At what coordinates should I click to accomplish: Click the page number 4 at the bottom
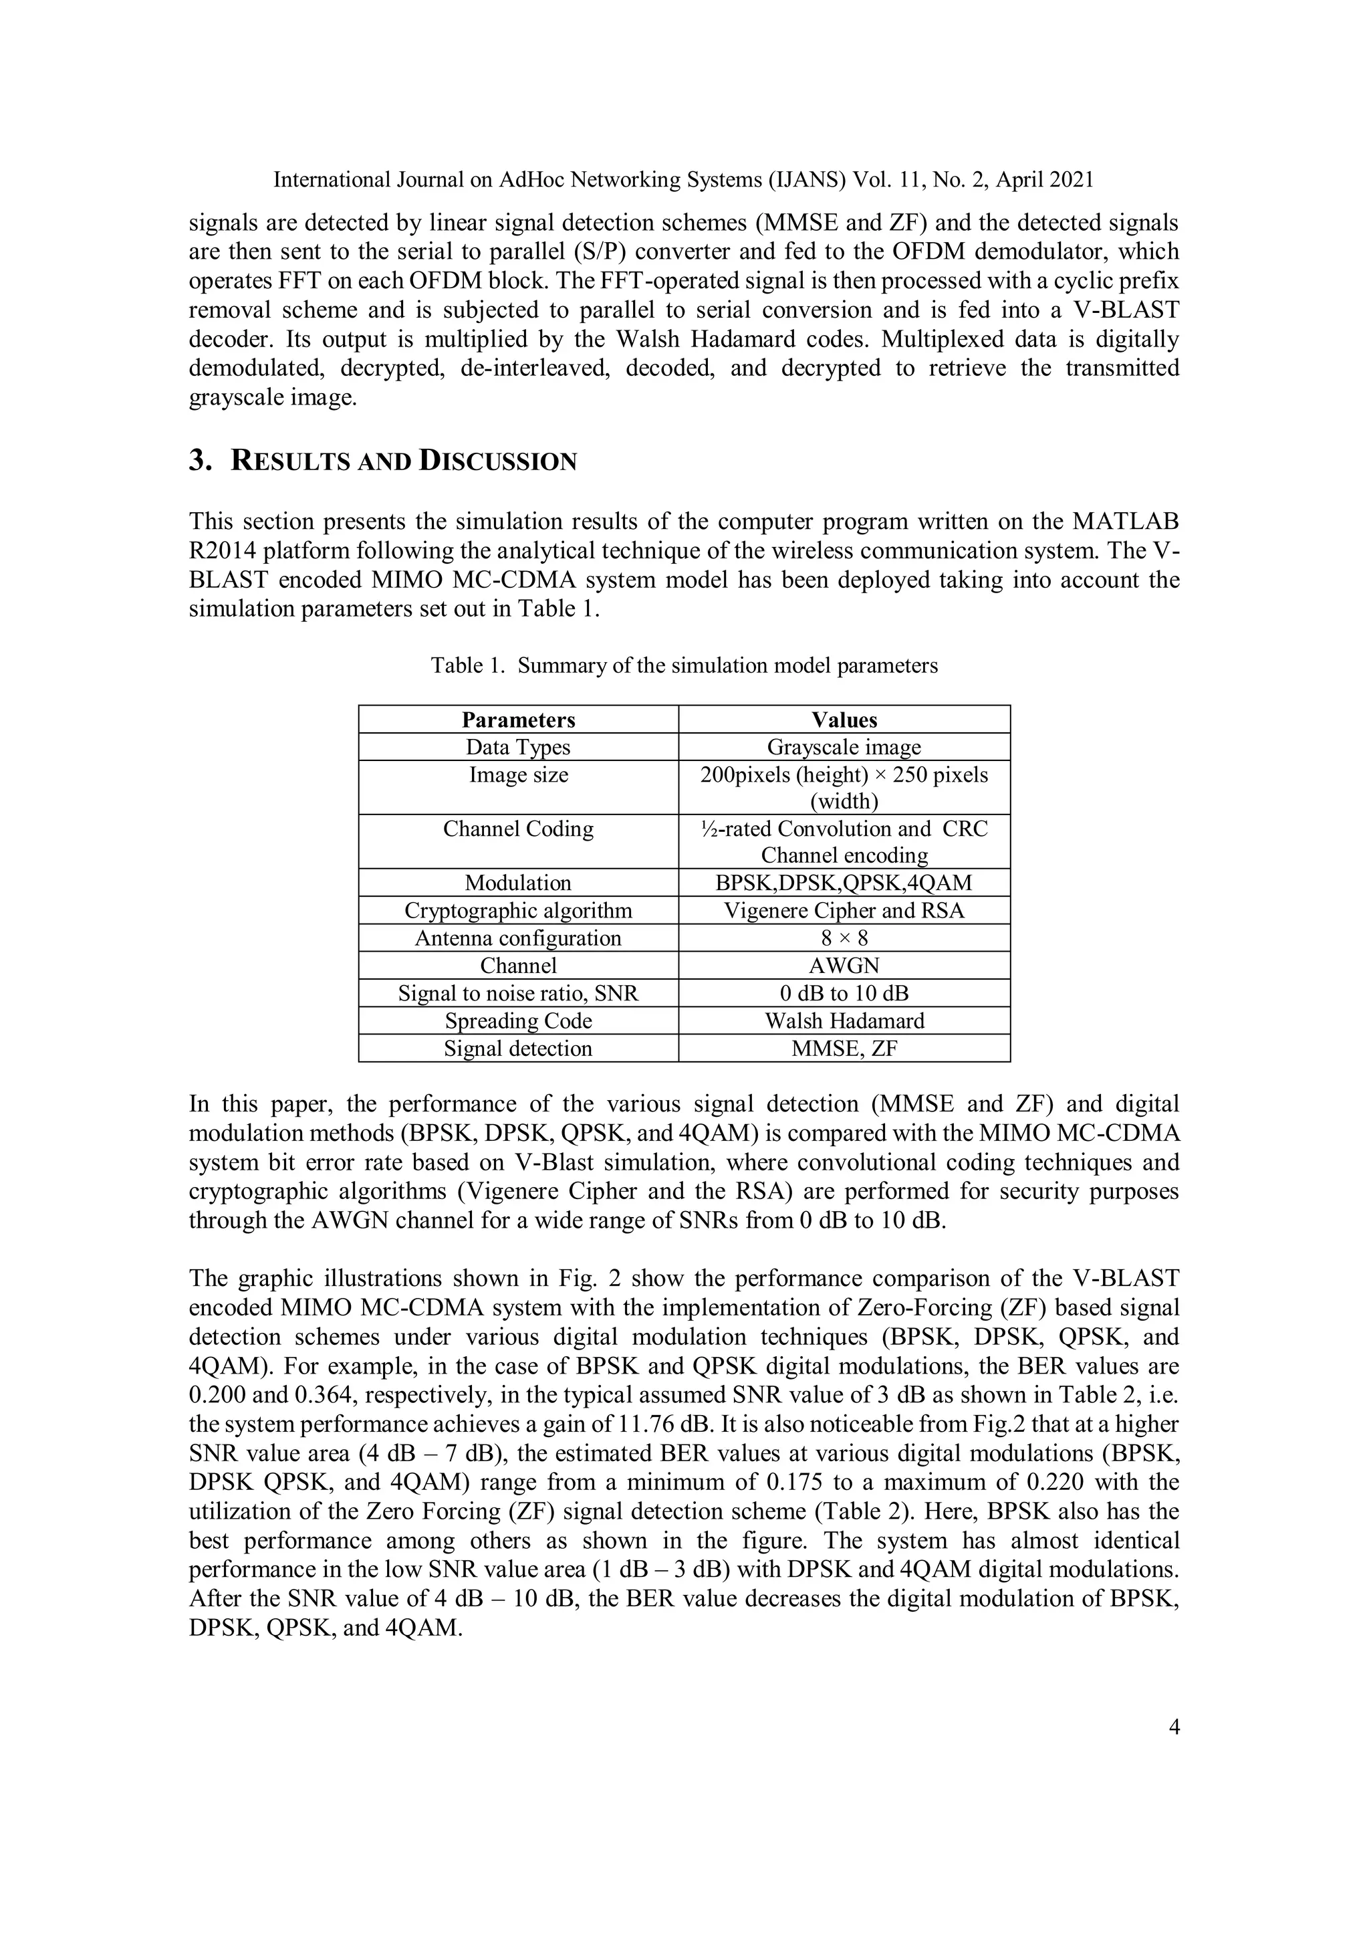1173,1728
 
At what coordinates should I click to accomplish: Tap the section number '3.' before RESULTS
199,461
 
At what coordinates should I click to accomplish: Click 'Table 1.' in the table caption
467,666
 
